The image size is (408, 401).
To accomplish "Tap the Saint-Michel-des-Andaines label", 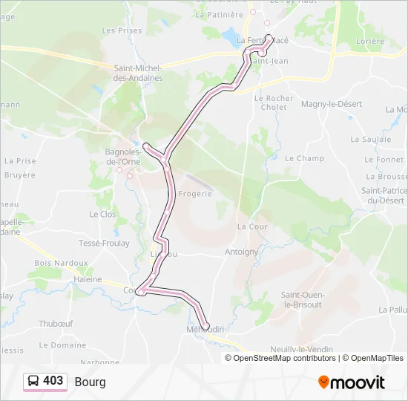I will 138,72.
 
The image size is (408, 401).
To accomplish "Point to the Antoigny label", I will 241,252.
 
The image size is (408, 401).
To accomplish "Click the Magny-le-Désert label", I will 332,104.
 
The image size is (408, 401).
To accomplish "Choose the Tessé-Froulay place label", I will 104,243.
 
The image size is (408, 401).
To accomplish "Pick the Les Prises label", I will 122,30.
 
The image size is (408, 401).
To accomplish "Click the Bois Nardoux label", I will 61,263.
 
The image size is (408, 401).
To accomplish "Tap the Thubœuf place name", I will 56,324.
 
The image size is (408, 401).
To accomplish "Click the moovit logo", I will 352,382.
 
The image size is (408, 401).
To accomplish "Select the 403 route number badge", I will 53,381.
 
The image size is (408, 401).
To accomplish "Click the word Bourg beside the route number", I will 90,382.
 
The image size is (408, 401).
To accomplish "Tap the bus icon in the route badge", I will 33,381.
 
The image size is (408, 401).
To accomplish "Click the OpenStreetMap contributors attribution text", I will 284,358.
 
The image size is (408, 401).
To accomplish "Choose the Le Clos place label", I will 103,214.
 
